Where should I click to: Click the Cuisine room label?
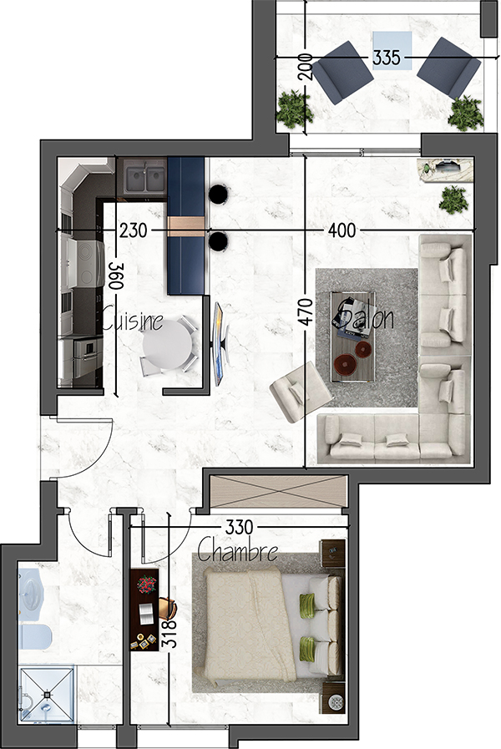coord(132,320)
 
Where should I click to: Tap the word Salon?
coord(365,316)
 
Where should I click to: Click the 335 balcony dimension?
coord(386,58)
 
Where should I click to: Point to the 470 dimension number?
coord(306,311)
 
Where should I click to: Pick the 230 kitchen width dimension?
coord(134,230)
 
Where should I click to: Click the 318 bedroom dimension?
coord(170,634)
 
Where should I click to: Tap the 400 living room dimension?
coord(342,231)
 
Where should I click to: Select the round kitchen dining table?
coord(167,344)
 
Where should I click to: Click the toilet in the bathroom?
coord(34,636)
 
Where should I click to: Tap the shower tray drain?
coord(48,694)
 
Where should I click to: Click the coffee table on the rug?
coord(353,337)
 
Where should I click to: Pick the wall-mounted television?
coord(218,343)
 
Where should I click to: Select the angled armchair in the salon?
coord(301,392)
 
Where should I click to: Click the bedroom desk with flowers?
coord(144,610)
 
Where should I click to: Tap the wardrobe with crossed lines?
coord(278,492)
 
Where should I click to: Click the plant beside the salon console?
coord(453,200)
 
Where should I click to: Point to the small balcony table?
coord(392,51)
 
